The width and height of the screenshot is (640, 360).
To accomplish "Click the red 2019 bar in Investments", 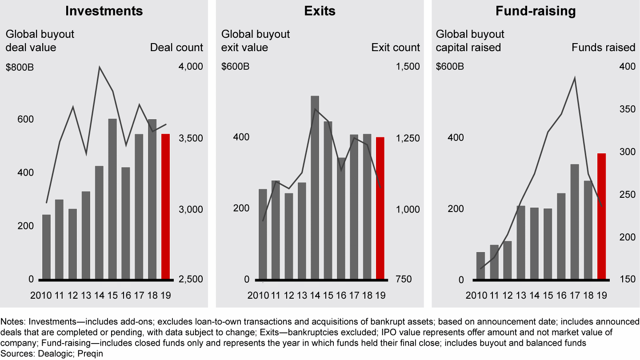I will pos(165,207).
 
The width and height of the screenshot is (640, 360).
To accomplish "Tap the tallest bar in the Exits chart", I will pos(315,188).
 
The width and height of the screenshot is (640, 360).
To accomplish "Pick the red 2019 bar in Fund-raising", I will pos(601,216).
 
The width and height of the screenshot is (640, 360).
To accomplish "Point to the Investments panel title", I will pos(104,11).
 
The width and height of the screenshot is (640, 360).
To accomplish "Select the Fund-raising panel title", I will pos(536,11).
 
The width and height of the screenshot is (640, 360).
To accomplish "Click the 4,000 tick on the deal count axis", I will pos(190,67).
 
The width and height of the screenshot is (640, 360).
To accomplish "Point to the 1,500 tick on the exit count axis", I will pos(407,67).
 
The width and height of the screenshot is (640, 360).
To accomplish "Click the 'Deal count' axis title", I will pos(176,48).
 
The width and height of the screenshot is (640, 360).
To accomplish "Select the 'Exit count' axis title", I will pos(396,48).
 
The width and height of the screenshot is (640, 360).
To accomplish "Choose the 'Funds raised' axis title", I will pos(604,48).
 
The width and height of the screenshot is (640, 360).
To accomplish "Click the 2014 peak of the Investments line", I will pos(100,68).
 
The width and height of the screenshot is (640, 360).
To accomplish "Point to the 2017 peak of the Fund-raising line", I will pos(575,78).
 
